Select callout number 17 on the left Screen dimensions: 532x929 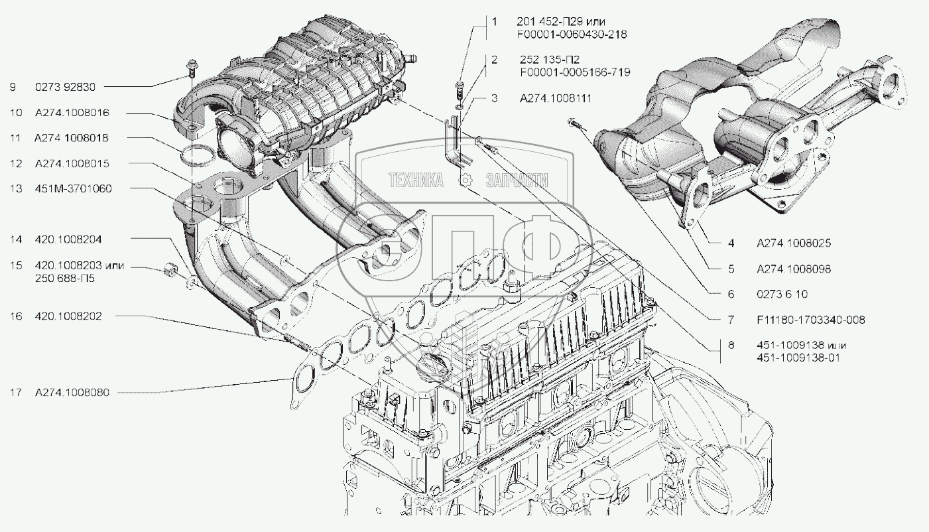coord(16,392)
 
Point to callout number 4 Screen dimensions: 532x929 coord(731,243)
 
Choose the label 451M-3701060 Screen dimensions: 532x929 coord(73,188)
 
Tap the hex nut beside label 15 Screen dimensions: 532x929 coord(170,270)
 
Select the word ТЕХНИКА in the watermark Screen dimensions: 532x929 coord(415,180)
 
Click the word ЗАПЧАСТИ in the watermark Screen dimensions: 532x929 coord(517,180)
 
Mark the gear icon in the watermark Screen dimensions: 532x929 coord(466,180)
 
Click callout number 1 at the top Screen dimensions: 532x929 coord(494,22)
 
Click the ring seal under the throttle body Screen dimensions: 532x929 coord(197,157)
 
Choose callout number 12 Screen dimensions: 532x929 coord(16,163)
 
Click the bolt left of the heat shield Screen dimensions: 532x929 coord(573,123)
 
